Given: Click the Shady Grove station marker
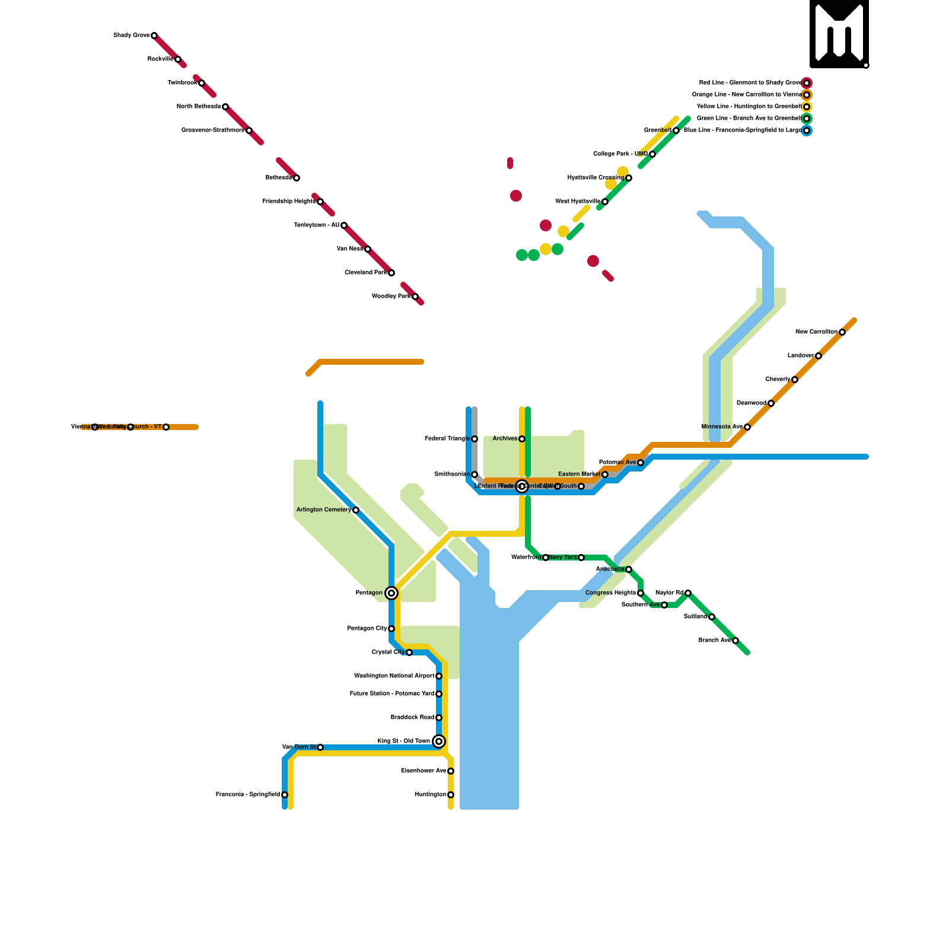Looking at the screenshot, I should coord(154,36).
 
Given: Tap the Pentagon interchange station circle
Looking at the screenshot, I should coord(391,593).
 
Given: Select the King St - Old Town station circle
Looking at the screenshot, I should coord(439,741).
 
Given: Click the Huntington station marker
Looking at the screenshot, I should coord(451,795).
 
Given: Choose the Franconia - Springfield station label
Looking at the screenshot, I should coord(248,795).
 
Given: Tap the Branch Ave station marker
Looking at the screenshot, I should coord(735,641).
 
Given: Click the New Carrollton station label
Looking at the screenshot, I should coord(817,332).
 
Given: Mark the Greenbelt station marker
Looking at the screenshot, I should coord(676,130).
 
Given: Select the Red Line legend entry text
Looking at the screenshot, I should coord(750,83).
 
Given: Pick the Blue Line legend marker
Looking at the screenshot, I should coord(807,130).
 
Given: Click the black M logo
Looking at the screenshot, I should coord(839,34).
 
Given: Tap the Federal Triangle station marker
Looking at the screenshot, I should coord(474,439).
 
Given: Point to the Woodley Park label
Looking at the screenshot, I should coord(391,297).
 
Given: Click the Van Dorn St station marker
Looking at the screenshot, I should coord(320,747).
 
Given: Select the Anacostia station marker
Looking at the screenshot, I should coord(629,569).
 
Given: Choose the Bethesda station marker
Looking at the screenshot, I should coord(297,178).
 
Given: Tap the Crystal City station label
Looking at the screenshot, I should coord(388,652).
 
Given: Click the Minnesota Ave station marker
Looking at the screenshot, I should coord(747,427).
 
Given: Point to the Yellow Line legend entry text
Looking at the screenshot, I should coord(749,107).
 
